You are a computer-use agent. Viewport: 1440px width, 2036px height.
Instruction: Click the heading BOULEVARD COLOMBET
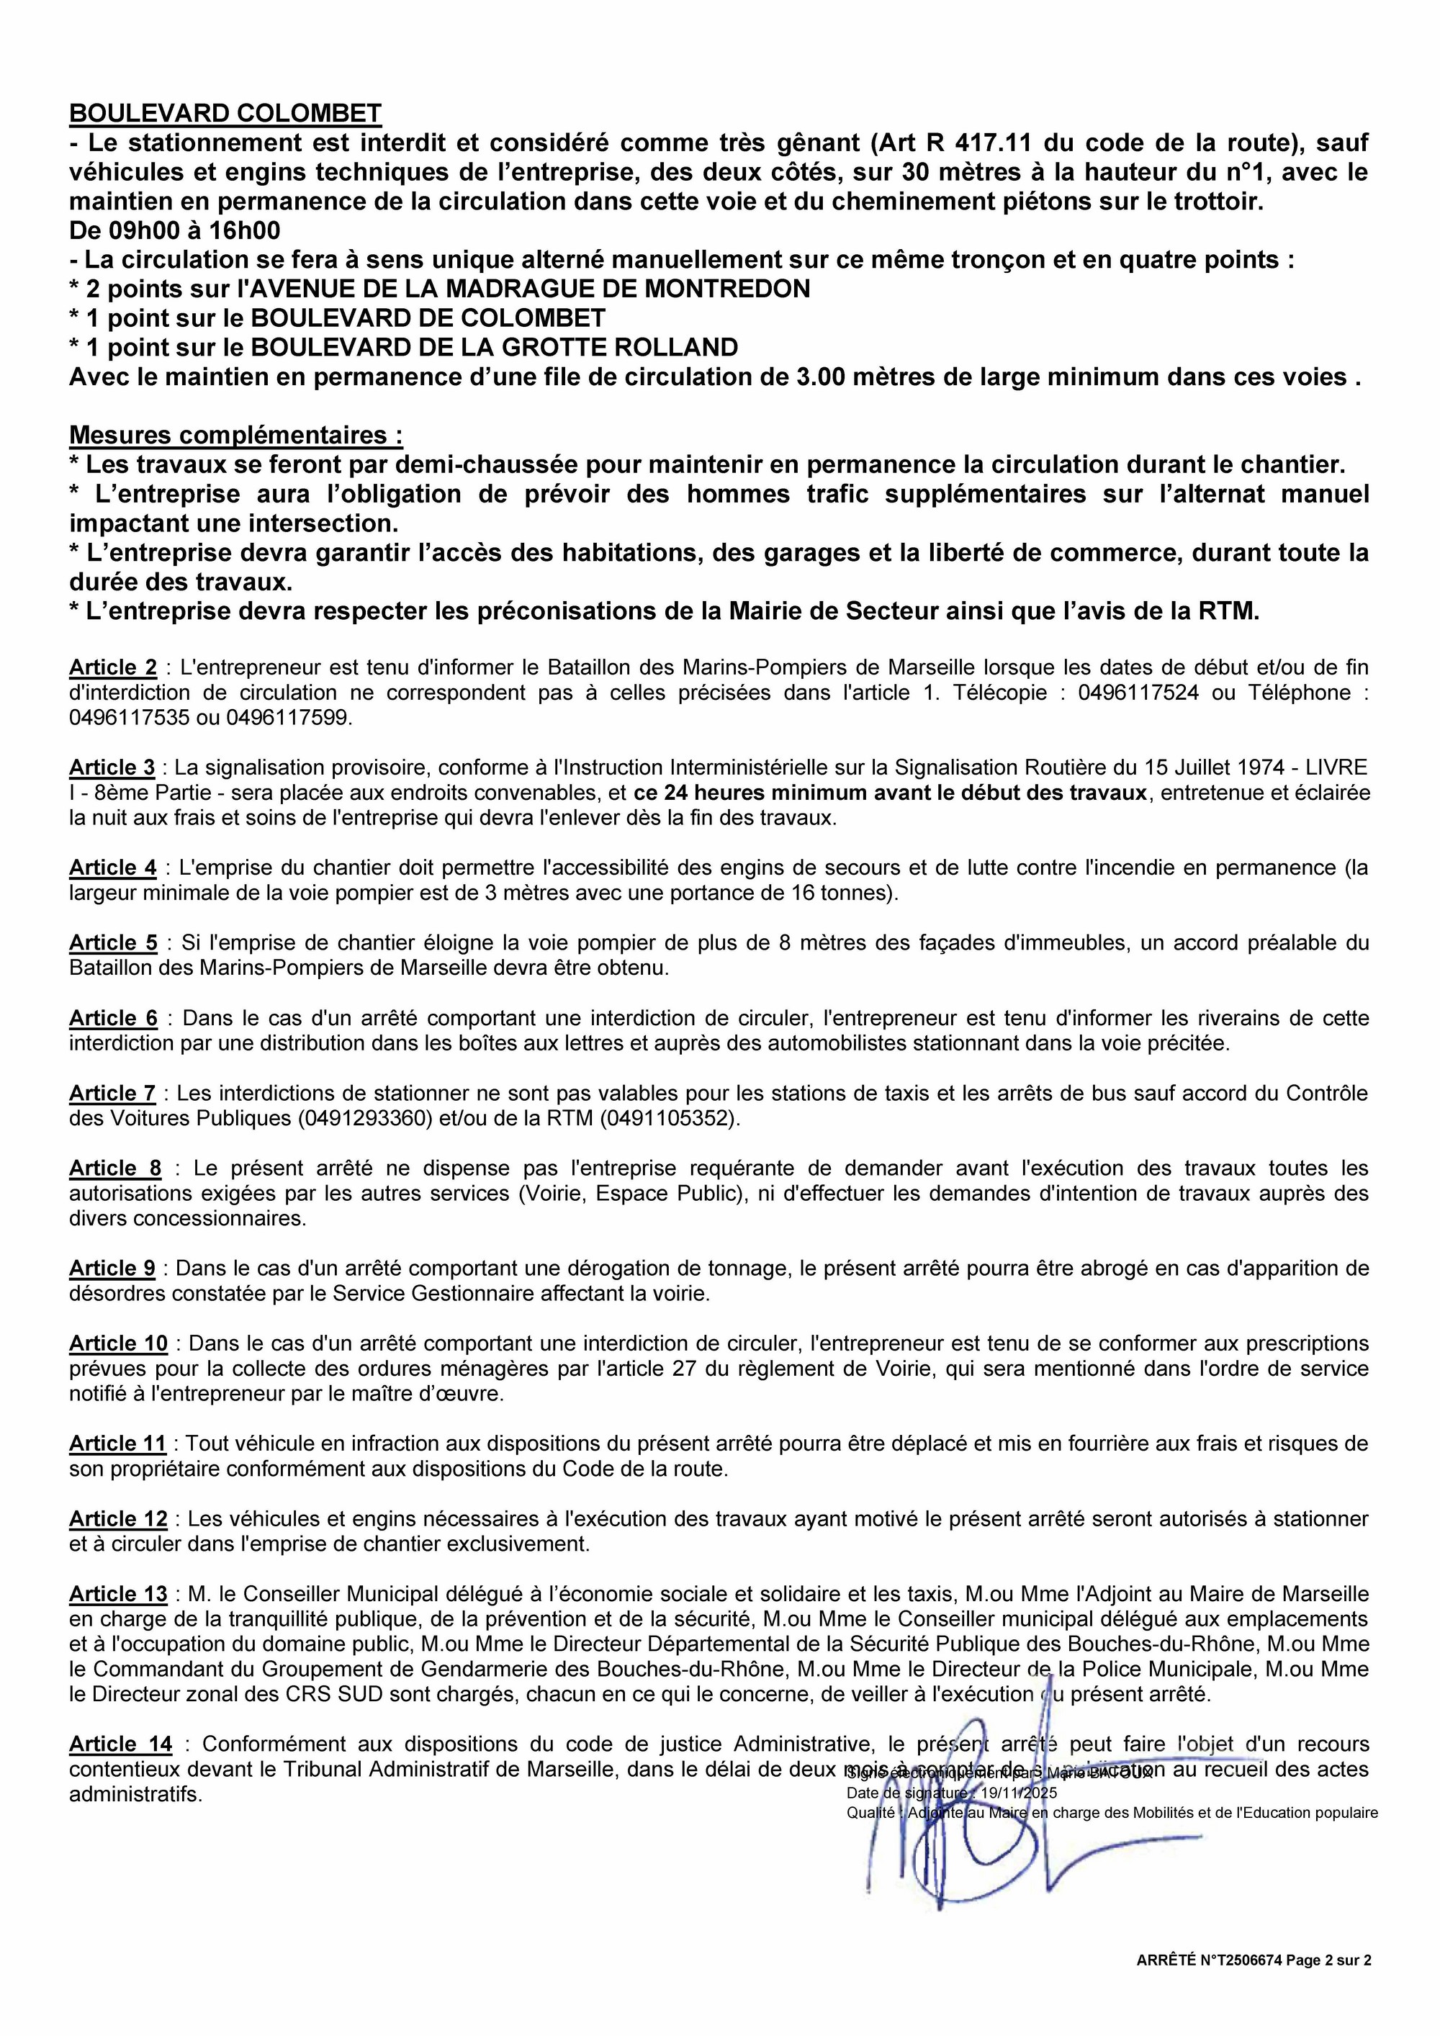pyautogui.click(x=225, y=114)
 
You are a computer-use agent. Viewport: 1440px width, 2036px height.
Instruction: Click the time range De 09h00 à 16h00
pyautogui.click(x=175, y=230)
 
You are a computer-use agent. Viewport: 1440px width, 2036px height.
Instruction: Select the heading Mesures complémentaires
pyautogui.click(x=236, y=436)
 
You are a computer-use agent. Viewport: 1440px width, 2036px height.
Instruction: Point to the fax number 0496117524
pyautogui.click(x=1138, y=693)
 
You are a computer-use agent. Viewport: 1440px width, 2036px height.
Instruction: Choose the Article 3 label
pyautogui.click(x=112, y=767)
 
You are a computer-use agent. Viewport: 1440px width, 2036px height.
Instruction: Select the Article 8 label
pyautogui.click(x=116, y=1168)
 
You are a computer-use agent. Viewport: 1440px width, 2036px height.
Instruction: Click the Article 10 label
pyautogui.click(x=119, y=1343)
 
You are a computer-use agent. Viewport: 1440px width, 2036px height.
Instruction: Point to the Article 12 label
pyautogui.click(x=119, y=1519)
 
